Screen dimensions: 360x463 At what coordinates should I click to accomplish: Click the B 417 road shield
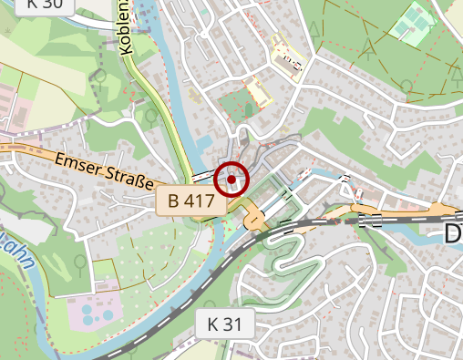[190, 201]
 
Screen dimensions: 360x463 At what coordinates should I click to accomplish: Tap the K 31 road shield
[224, 323]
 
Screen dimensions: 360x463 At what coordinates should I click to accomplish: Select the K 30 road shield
[45, 4]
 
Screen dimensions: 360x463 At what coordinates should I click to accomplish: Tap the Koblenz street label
[127, 27]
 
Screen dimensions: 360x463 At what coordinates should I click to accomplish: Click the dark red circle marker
[231, 180]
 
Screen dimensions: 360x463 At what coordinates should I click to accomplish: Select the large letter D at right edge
[453, 234]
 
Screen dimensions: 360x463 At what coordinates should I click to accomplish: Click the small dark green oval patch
[249, 110]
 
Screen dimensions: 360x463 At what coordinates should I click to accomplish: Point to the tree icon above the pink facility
[80, 263]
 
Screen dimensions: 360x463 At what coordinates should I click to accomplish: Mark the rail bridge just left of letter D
[372, 220]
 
